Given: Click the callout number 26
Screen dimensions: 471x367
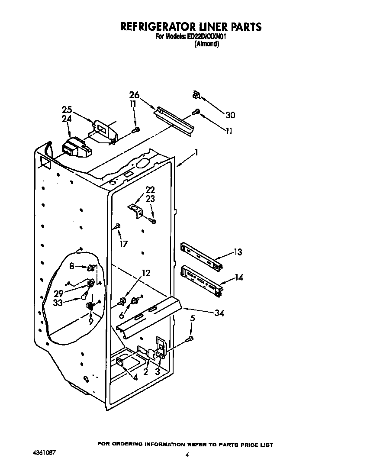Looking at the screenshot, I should [x=135, y=95].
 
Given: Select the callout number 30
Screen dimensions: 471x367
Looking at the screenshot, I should [x=230, y=115].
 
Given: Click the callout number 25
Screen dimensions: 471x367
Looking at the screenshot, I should [x=67, y=110].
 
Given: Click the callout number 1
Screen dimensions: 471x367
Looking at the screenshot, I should [x=196, y=152].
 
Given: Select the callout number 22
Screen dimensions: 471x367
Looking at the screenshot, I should [x=150, y=190].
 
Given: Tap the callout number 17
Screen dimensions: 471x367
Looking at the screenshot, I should [x=123, y=244].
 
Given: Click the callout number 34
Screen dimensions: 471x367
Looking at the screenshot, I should [x=219, y=313].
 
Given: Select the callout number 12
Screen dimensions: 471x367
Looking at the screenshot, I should [x=146, y=273].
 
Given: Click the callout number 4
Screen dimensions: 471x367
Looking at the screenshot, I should [x=135, y=377].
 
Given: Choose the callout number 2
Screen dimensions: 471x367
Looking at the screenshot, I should [x=146, y=371].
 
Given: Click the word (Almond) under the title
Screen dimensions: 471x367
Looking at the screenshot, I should [x=206, y=44].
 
